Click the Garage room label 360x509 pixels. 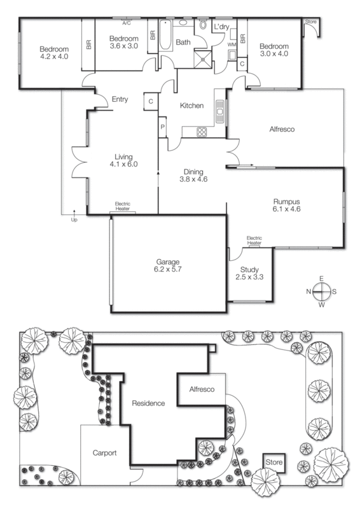click(x=169, y=261)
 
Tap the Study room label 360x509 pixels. click(x=249, y=269)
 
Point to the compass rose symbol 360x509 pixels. click(x=322, y=291)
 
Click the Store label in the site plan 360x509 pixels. click(x=274, y=461)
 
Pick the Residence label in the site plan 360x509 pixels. click(x=148, y=403)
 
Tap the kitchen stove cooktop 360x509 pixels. click(x=202, y=132)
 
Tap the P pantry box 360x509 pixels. click(x=163, y=127)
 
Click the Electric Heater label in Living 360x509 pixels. click(x=122, y=206)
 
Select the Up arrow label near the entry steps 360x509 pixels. click(x=73, y=220)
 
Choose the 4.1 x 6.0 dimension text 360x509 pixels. click(x=123, y=164)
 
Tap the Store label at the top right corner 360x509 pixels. click(x=310, y=22)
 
